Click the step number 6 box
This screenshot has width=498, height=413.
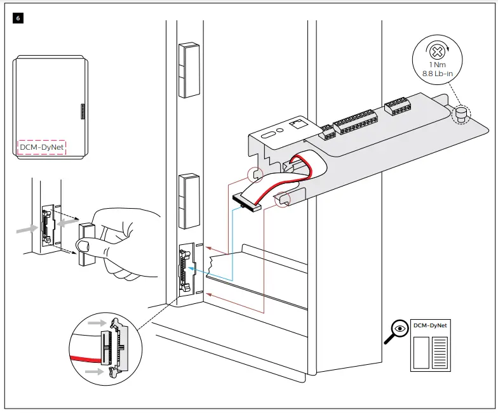pos(18,18)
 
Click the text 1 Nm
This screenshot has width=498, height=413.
pos(436,65)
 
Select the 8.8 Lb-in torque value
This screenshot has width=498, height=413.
pos(437,74)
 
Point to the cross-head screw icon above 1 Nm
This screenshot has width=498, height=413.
pos(436,51)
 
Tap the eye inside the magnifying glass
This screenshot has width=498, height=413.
pos(400,328)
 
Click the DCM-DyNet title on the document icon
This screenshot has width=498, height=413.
pos(430,325)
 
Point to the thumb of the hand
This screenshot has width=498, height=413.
pos(84,245)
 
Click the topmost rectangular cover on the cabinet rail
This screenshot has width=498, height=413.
pos(188,70)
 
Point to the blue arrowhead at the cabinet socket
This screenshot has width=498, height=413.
pos(194,270)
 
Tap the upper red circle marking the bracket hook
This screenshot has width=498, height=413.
pos(255,173)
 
